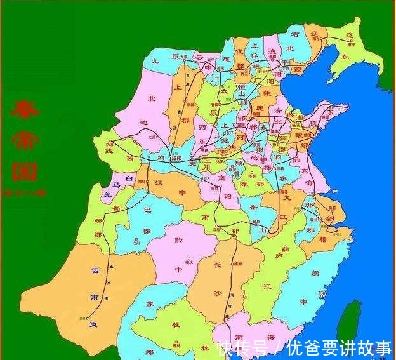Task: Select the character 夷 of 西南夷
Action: [93, 323]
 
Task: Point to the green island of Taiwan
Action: [352, 321]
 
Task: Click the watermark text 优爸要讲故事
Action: [340, 348]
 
